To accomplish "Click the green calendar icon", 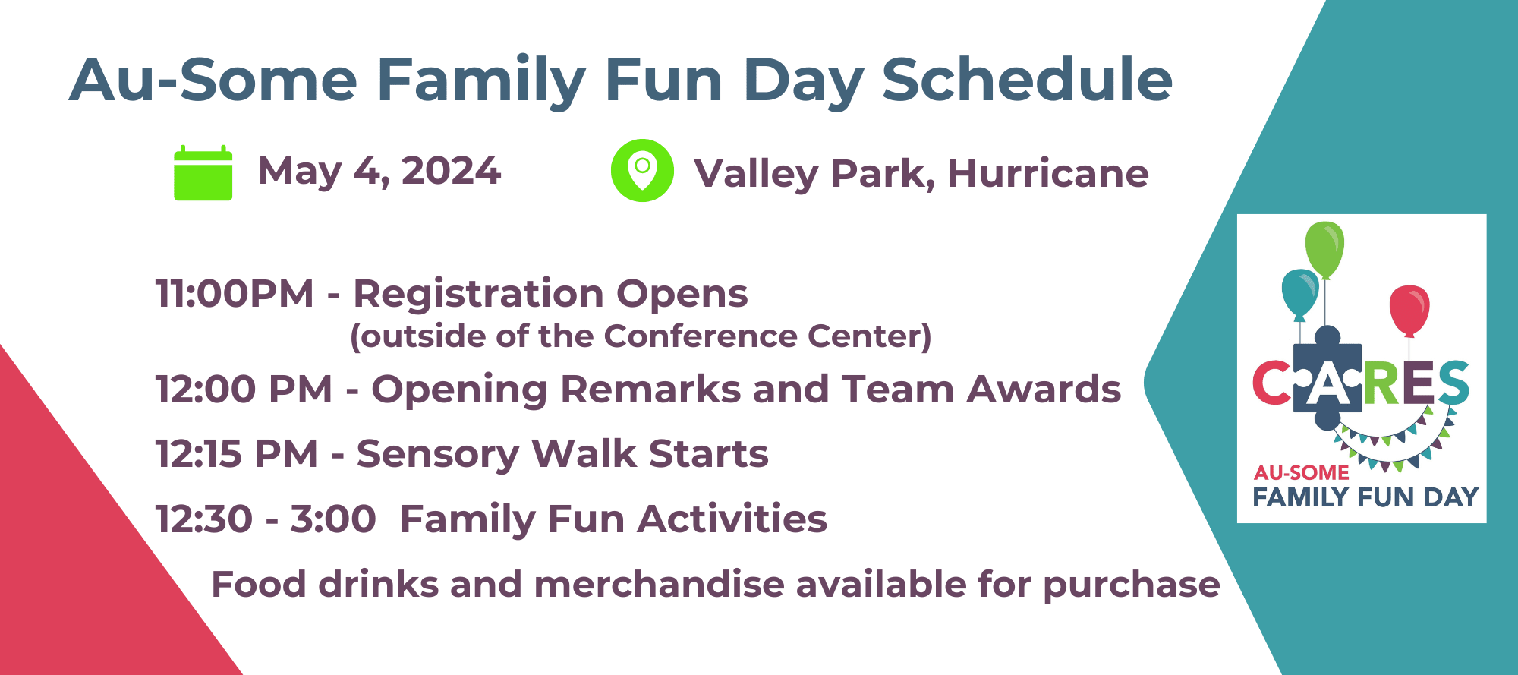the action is coord(203,173).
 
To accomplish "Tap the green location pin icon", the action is coord(642,170).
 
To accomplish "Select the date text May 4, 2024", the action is coord(379,171).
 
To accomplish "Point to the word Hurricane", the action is coord(1048,173).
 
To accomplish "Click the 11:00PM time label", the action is coord(235,293).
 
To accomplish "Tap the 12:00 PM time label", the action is coord(244,389).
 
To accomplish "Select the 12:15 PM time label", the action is coord(237,454).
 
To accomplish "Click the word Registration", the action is coord(480,295).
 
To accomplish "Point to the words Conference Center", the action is coord(767,336).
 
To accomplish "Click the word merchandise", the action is coord(659,585).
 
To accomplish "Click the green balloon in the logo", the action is coord(1324,250).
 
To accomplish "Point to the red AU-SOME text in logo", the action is coord(1301,472).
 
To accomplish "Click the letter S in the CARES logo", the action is coord(1453,382).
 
